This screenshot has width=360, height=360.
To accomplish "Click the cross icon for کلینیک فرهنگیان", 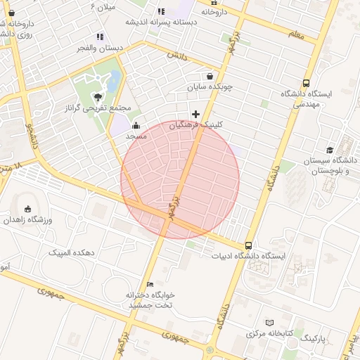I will coord(195,114).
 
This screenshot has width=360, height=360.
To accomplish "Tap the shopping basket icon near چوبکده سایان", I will coord(210,77).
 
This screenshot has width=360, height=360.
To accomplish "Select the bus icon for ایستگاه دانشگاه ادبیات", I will coord(249,245).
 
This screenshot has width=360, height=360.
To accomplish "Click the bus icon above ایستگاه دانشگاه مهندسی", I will coord(305,83).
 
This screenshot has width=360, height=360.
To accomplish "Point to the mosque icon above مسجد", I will coord(136,125).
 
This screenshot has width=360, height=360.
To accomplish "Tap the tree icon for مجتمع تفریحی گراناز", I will coord(98,97).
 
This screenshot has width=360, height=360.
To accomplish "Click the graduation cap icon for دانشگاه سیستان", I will coord(330,150).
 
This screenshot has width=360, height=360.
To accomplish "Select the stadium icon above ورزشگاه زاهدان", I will coord(28,209).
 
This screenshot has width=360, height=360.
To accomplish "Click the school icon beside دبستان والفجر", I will coord(100,37).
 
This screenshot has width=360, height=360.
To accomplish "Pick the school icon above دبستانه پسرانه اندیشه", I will coord(161,11).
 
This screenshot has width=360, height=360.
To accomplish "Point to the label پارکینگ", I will coord(314,338).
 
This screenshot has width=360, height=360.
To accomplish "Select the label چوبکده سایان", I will coord(209,87).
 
